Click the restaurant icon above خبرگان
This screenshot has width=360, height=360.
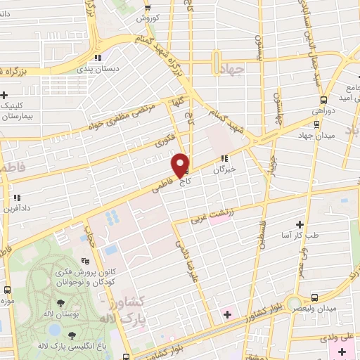tap(224, 158)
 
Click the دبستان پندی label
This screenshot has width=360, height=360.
tap(101, 69)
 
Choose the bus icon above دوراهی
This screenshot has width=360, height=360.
tap(323, 100)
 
